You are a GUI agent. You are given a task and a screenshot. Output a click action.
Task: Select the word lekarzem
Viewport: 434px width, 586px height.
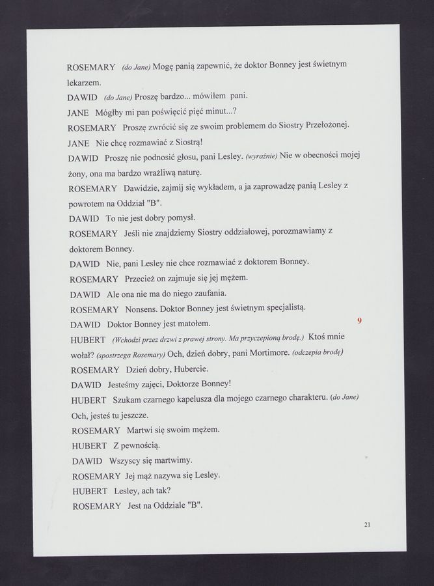(85, 84)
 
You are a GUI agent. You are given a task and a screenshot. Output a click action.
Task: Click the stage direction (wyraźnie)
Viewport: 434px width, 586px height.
(262, 157)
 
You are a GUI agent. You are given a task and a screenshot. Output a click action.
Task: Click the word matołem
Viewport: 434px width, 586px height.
(193, 324)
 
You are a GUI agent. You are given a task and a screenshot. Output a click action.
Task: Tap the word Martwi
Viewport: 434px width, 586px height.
(140, 430)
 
